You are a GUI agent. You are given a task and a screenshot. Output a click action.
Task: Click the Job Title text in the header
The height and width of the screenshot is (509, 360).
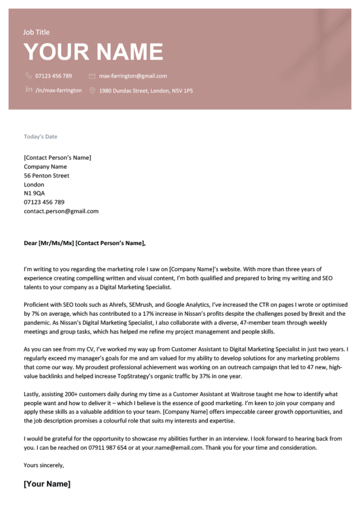36,32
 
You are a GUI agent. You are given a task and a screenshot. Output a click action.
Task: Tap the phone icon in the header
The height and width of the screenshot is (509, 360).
28,76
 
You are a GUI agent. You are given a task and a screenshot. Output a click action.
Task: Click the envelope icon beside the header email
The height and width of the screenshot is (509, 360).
92,76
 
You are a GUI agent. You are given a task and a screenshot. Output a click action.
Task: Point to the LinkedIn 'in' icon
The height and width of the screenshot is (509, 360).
28,90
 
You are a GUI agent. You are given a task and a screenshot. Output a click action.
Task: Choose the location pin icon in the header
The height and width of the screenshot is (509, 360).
92,90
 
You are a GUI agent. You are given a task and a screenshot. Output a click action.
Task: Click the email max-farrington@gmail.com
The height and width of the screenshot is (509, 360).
133,76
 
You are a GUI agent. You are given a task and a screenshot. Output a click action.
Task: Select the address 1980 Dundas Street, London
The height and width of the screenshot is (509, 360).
146,91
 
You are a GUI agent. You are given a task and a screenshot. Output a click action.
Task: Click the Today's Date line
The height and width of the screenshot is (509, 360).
40,137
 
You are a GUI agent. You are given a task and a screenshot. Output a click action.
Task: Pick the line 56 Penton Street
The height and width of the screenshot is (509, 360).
47,176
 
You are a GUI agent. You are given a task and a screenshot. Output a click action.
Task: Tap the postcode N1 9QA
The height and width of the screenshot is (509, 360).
34,193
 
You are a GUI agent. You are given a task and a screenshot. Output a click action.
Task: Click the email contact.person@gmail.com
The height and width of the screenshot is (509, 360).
61,211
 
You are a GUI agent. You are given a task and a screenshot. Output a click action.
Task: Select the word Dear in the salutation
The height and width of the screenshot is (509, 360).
30,243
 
